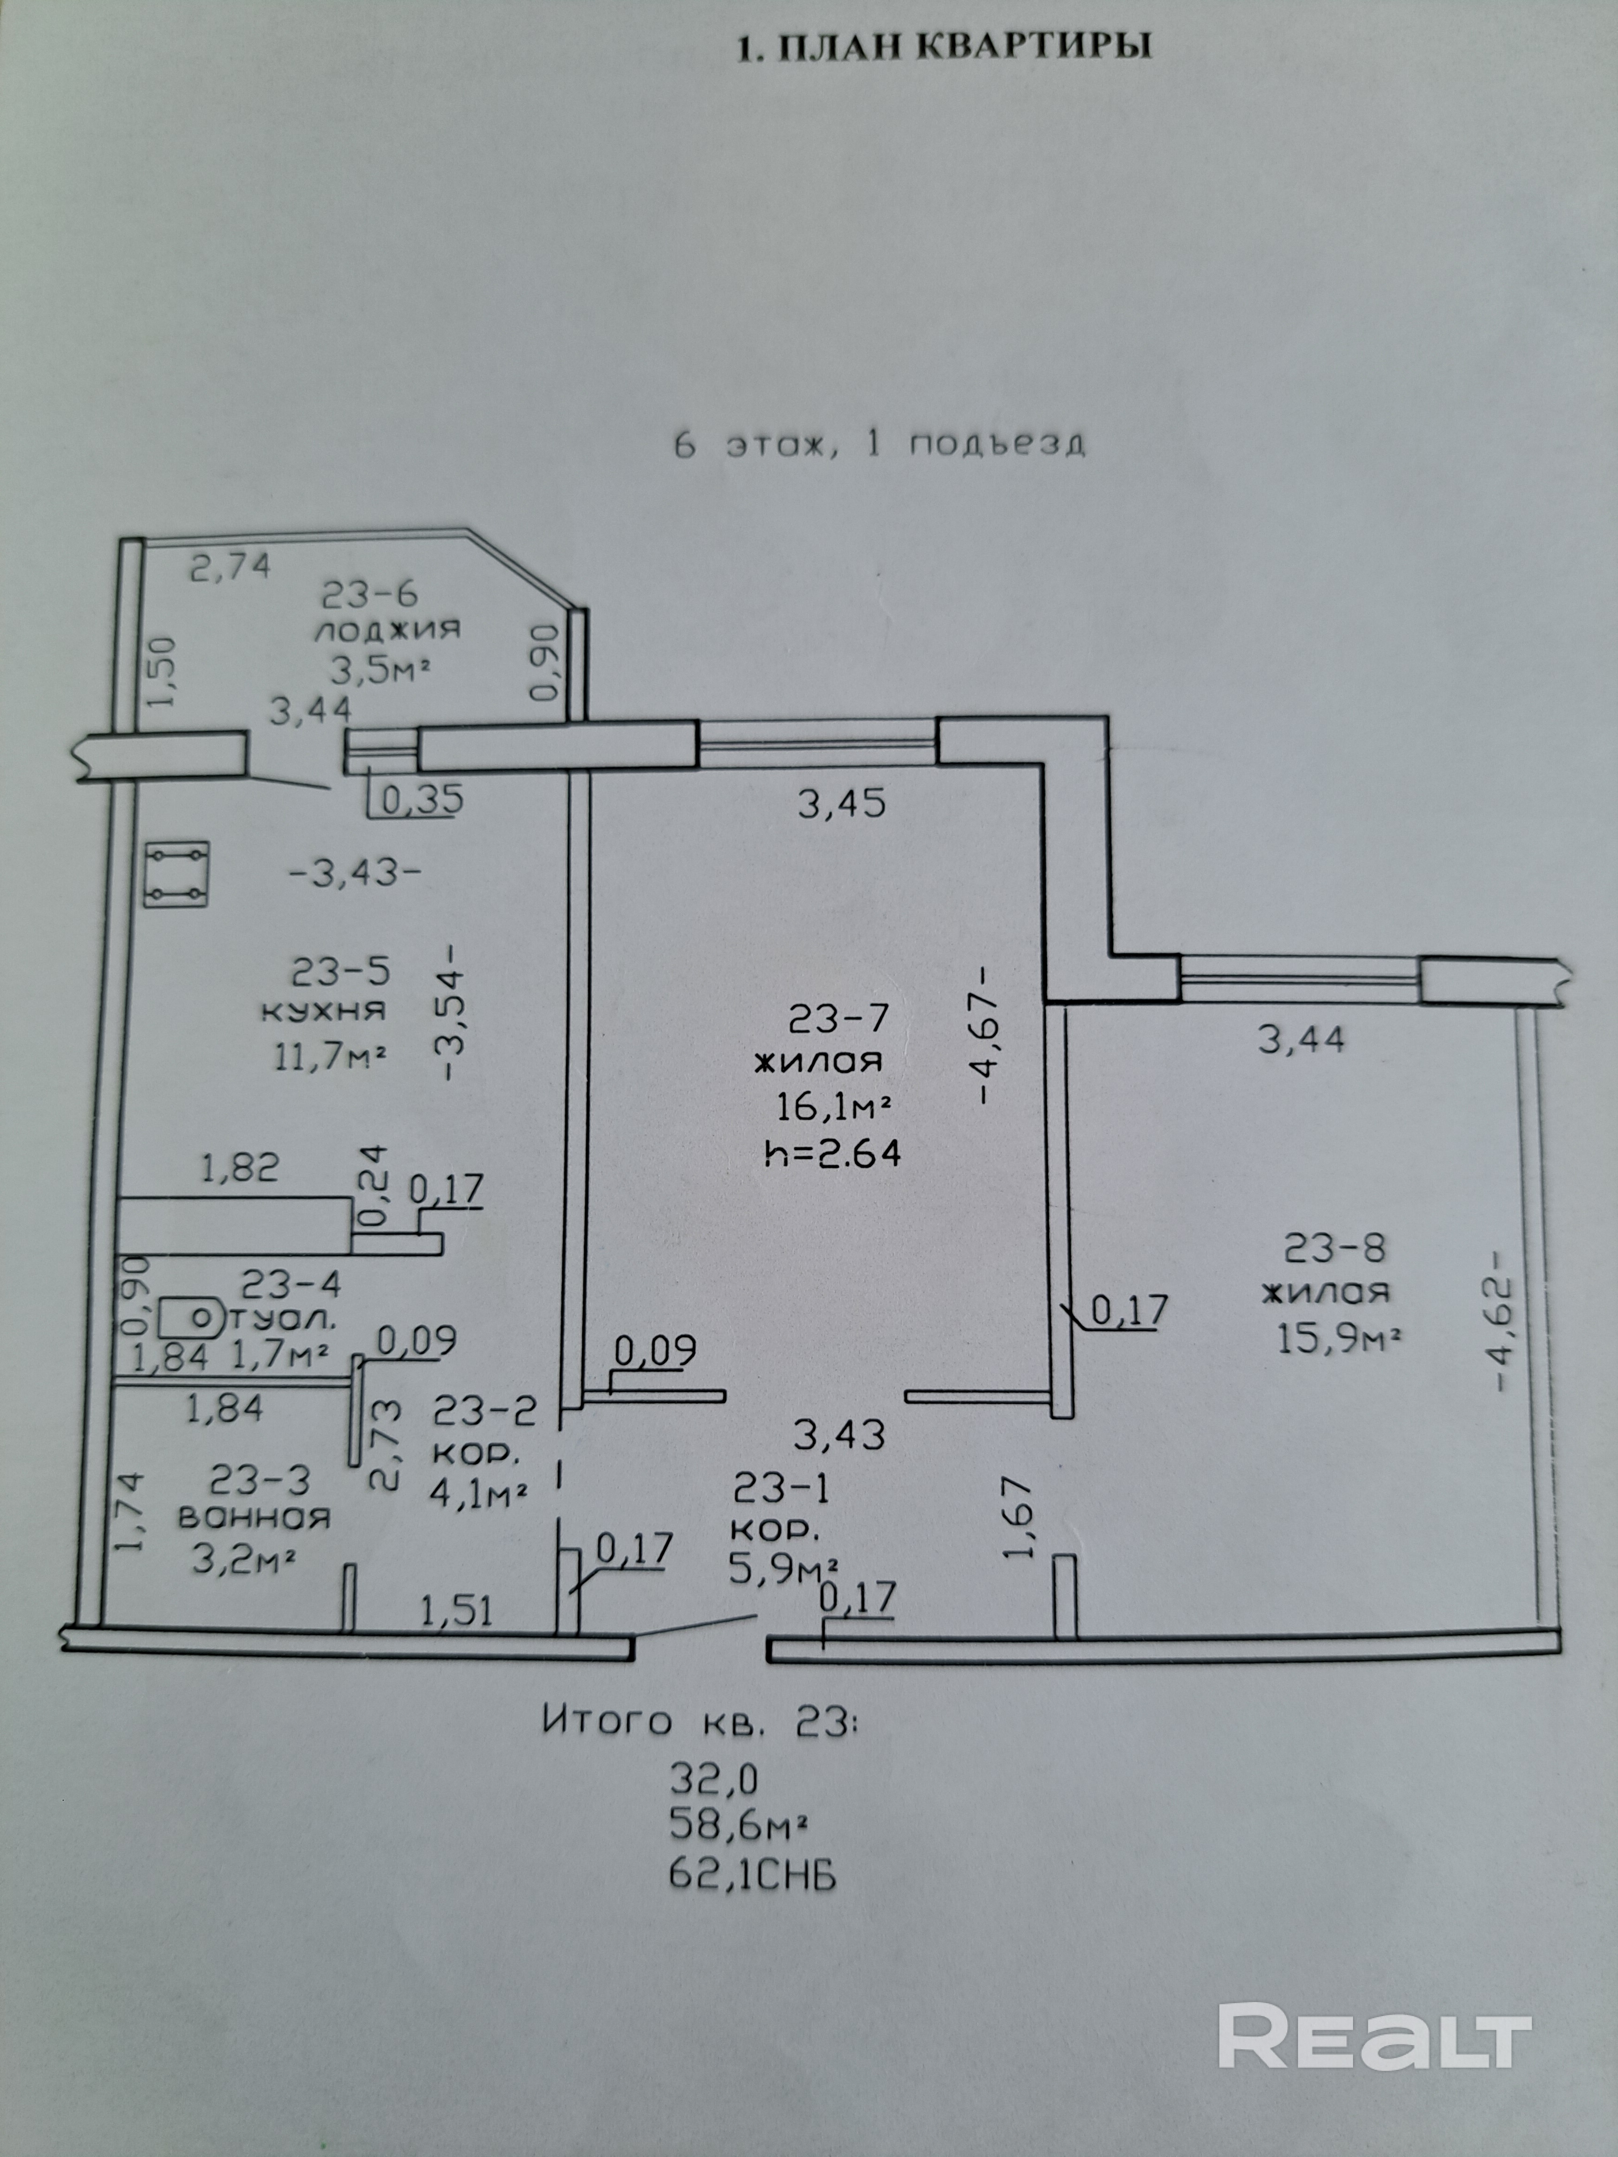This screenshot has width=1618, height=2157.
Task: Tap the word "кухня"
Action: (323, 1010)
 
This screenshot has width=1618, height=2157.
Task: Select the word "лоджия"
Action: (386, 630)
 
